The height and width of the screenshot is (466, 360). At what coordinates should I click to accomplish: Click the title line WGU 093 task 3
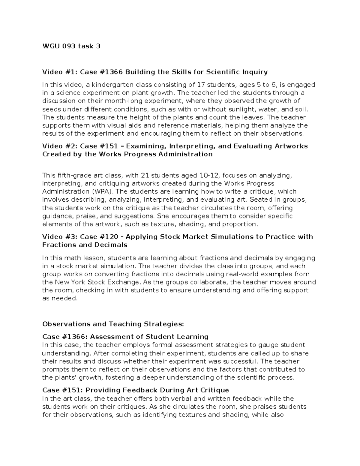click(71, 46)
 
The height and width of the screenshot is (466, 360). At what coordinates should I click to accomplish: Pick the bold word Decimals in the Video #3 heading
click(111, 245)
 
